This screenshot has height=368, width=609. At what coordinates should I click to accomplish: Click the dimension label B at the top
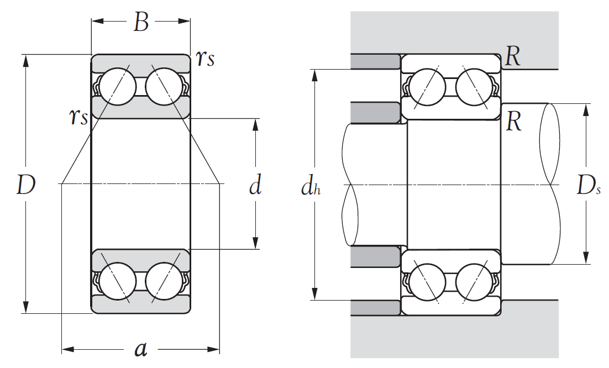141,22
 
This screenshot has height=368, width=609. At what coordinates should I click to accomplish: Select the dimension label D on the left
25,185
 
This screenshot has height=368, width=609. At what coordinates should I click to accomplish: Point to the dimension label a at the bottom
141,349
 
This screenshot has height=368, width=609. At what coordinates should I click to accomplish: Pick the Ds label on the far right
589,186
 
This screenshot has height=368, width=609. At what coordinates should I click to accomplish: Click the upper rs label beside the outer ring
204,59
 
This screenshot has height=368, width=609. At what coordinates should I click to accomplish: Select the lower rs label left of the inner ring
78,117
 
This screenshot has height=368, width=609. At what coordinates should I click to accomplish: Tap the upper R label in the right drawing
513,56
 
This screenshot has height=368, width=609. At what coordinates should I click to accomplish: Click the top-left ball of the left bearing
118,85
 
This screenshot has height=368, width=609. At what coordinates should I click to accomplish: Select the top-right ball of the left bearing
164,85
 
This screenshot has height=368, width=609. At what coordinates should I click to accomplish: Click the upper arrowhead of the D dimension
25,60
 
